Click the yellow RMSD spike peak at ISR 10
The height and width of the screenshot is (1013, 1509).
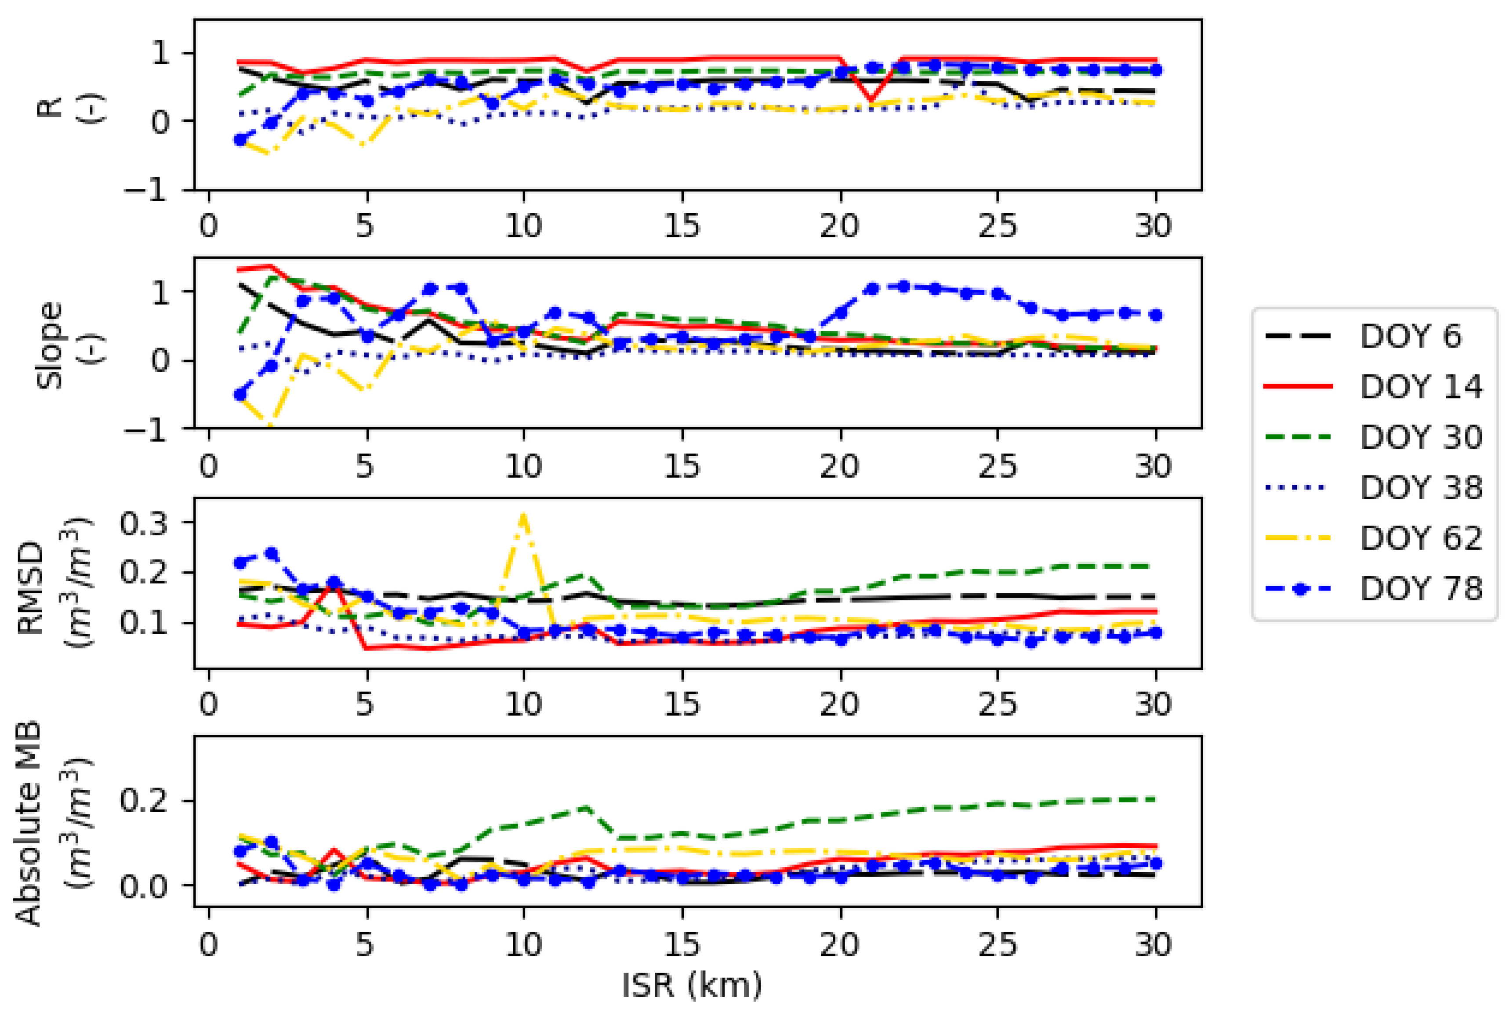pos(523,515)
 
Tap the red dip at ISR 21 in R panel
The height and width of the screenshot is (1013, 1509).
pos(871,102)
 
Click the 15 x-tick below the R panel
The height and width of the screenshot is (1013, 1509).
pos(682,226)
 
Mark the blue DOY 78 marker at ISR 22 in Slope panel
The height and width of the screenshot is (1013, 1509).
pos(903,286)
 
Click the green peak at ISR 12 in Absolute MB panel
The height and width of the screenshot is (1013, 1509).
pos(587,807)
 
